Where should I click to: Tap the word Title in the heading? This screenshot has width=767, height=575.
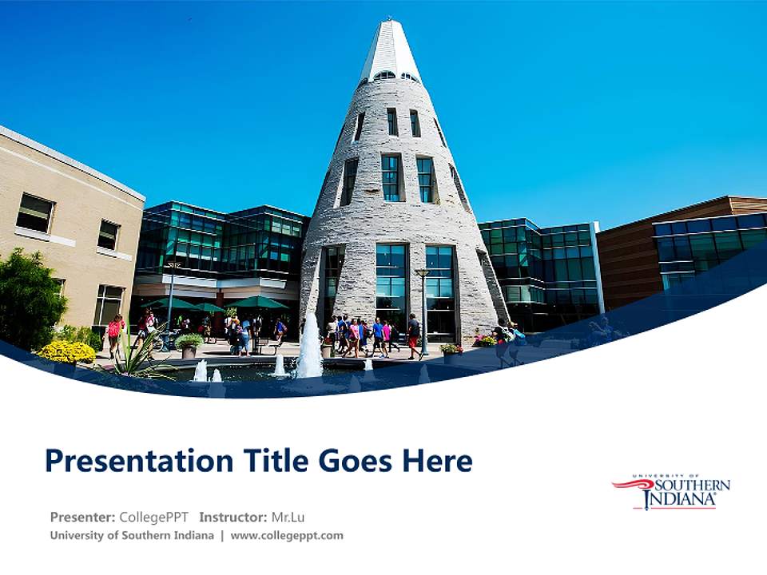coord(270,461)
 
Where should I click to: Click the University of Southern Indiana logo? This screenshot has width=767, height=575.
coord(671,491)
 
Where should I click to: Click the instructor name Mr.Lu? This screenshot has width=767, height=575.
coord(289,516)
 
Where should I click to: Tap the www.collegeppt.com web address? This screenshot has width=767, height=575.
coord(287,535)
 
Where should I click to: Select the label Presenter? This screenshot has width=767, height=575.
coord(83,516)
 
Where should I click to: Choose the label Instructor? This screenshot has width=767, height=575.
coord(232,516)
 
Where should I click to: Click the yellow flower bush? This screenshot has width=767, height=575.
coord(66,351)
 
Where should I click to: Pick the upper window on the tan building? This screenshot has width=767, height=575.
coord(34,213)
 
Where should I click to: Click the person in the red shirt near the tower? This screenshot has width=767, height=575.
coord(413,333)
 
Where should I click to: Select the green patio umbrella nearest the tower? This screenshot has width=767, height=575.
coord(257,302)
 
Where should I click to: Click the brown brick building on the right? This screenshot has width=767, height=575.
coord(627,256)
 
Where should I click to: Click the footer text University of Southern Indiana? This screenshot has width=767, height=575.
coord(132,535)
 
